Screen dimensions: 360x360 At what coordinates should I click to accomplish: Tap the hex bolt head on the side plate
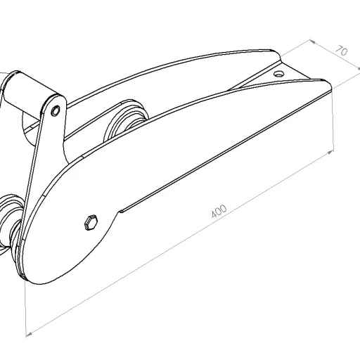pyautogui.click(x=90, y=222)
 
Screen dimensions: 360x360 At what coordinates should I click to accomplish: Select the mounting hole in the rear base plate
pyautogui.click(x=279, y=73)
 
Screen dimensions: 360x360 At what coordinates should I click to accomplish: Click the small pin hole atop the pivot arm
pyautogui.click(x=54, y=109)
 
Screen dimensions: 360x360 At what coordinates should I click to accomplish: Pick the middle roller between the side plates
pyautogui.click(x=127, y=123)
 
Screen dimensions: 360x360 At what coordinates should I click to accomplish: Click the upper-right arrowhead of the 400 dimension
pyautogui.click(x=330, y=150)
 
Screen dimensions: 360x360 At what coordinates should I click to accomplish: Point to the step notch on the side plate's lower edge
pyautogui.click(x=121, y=210)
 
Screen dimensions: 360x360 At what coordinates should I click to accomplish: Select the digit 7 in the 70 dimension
pyautogui.click(x=338, y=49)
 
